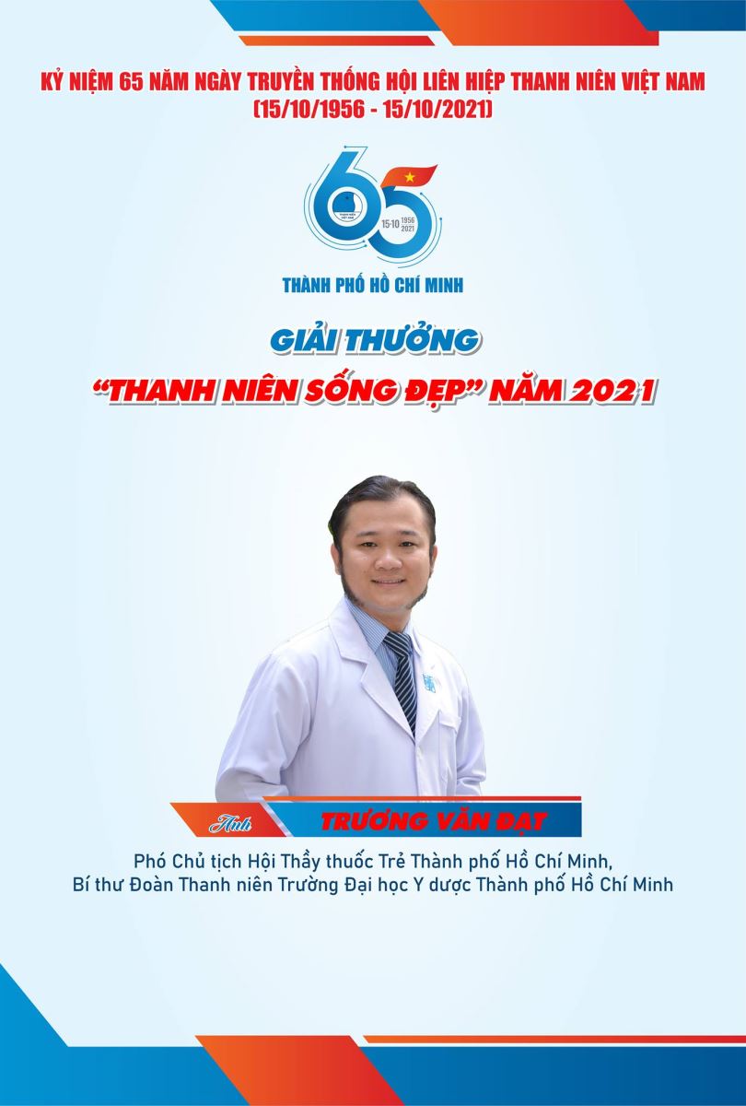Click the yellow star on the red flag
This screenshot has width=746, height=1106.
[410, 177]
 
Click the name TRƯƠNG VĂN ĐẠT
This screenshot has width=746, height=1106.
[433, 821]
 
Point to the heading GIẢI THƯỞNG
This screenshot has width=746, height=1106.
[374, 341]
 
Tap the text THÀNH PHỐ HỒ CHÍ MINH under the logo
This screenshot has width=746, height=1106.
[373, 285]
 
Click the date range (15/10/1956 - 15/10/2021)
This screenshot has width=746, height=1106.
[373, 109]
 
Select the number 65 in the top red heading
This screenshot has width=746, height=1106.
[131, 82]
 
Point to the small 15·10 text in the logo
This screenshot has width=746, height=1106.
[390, 224]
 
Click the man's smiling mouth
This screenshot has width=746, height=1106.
[386, 582]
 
